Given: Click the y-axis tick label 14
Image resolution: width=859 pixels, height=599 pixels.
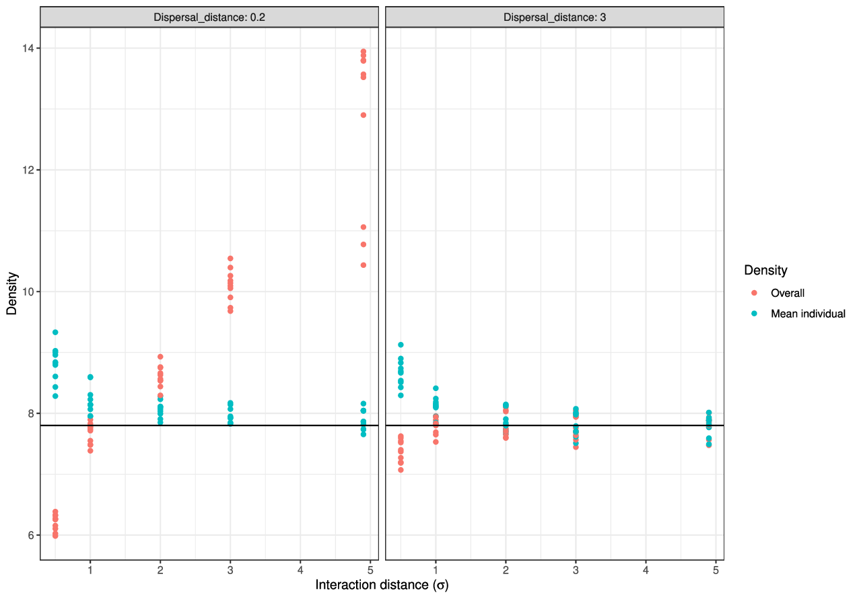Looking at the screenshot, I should coord(28,48).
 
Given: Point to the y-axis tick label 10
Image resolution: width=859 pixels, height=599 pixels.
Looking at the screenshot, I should coord(28,291).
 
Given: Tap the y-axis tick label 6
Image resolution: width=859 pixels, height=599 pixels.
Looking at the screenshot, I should coord(30,535).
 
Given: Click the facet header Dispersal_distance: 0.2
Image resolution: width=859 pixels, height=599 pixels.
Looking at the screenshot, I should coord(209,17).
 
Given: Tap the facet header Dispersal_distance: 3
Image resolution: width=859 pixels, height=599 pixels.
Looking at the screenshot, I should coord(555,17).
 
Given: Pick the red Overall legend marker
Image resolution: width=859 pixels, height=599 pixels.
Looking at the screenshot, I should coord(754,293).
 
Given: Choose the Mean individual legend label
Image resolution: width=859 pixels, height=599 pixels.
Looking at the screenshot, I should coord(808,314).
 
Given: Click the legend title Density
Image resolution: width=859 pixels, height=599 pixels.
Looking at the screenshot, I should coord(765,271).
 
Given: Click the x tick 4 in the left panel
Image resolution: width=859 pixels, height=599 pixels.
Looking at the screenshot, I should coord(300,570).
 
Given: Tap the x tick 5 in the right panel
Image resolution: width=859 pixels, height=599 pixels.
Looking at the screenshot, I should coord(716,570).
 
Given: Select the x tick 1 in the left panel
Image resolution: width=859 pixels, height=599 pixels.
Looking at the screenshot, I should coord(90,570).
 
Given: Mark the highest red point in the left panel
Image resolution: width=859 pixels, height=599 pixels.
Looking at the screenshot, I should coord(364,52).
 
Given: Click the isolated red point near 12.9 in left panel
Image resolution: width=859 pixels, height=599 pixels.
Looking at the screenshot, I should coord(364,115).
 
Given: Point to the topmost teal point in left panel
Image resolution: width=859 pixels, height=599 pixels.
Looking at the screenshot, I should coord(55,332).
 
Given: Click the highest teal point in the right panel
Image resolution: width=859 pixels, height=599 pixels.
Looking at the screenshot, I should coord(401,345).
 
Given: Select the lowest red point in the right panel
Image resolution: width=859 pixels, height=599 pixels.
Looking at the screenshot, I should coord(401,470).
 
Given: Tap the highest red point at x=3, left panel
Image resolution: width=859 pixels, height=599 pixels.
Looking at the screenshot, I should coord(230,258).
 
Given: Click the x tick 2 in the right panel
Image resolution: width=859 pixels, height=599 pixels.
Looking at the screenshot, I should coord(506,570).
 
